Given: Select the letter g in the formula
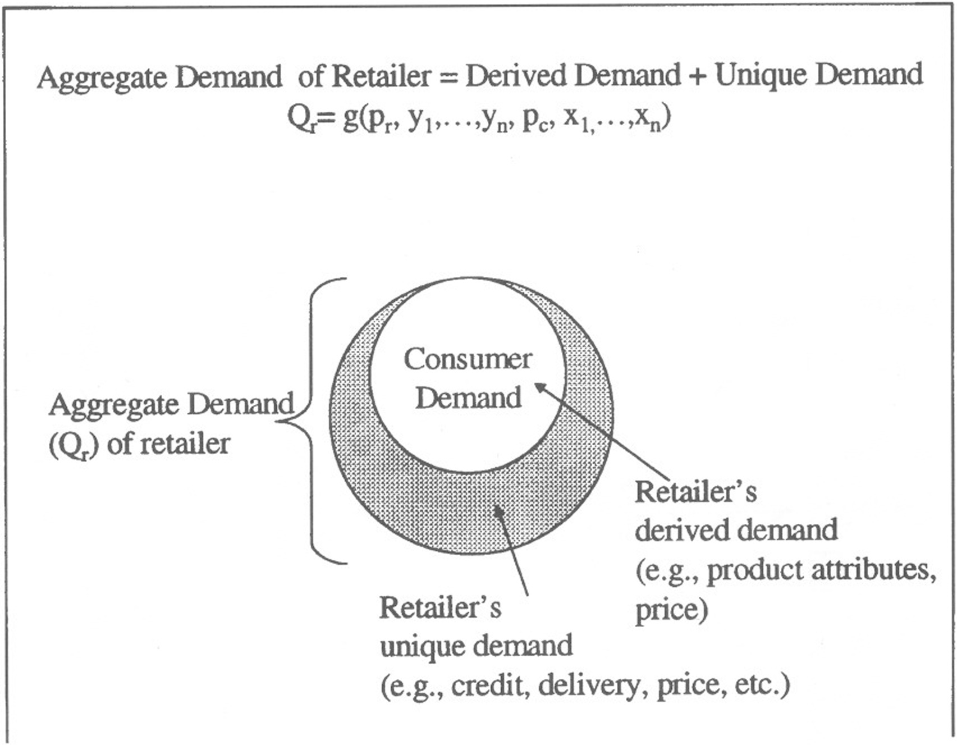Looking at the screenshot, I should (x=350, y=120).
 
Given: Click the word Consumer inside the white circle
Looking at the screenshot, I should (x=468, y=359).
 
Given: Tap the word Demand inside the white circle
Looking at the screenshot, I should (x=469, y=397).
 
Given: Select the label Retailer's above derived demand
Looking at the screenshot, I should (x=695, y=492).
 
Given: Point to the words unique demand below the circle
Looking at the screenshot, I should (x=476, y=647).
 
